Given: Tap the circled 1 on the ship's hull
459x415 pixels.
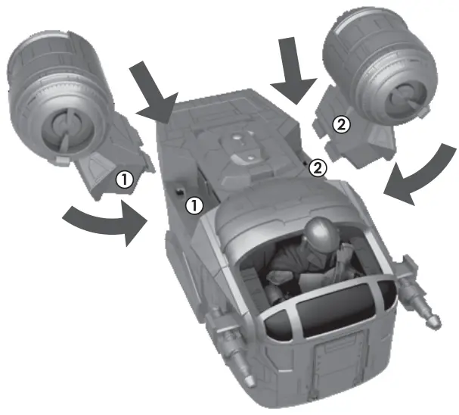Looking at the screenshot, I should pos(195,204).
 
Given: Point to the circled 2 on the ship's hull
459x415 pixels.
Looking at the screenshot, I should pos(318,168).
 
